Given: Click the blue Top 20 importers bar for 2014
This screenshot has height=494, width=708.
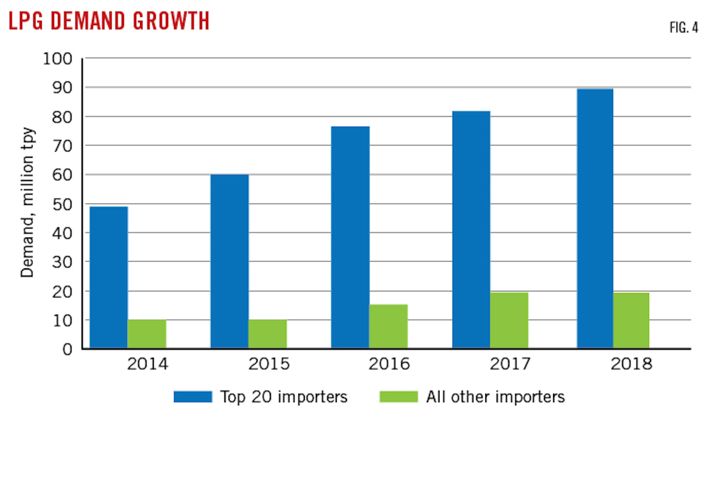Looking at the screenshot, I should pos(109,278).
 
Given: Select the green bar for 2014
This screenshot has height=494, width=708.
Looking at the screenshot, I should pos(147,334).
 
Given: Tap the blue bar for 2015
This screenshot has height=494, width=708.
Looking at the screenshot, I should pos(230,262).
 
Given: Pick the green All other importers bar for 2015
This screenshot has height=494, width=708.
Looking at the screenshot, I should pos(267,334).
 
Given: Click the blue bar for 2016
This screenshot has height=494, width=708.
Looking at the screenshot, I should pos(350,237).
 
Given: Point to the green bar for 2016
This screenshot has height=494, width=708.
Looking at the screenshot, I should pos(388,327).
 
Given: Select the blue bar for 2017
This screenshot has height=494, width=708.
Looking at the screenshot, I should pos(471,230).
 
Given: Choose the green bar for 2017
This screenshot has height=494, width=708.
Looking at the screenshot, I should pos(509,320).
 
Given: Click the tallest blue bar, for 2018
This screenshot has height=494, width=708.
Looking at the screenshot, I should pos(595,219).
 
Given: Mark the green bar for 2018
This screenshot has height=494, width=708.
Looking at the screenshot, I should pos(631,320).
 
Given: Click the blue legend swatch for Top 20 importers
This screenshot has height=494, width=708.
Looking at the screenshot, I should pos(193,397).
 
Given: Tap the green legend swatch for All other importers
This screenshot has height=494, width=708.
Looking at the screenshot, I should pos(398,397).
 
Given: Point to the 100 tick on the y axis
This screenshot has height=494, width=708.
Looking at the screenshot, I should pos(58,59).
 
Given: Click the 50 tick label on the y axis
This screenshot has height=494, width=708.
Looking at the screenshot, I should pos(62,204).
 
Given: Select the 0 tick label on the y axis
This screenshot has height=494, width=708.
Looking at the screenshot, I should pos(67,349).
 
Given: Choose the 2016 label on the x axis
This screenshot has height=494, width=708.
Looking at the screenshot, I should pos(389,364).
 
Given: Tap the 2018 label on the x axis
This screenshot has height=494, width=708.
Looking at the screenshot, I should pos(631,364).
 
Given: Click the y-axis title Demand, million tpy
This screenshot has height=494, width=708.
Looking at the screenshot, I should pos(28,203).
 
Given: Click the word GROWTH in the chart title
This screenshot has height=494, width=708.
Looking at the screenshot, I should pos(171,21).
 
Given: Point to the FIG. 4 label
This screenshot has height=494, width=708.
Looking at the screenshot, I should pos(683,28).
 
